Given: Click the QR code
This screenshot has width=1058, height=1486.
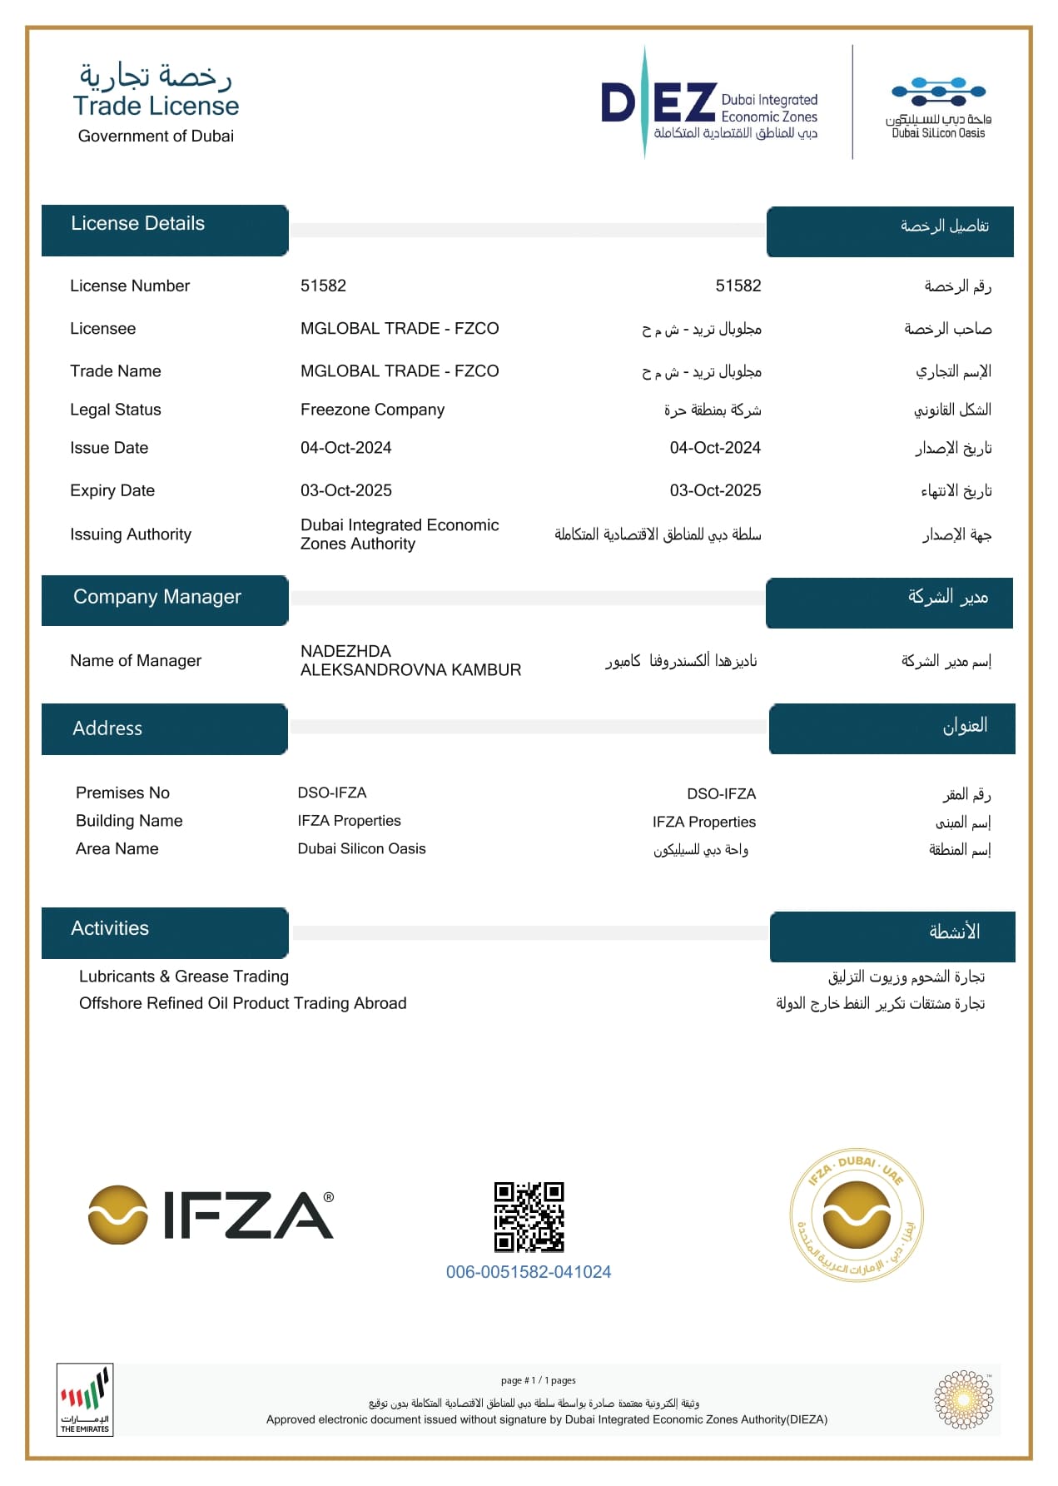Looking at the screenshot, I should click(x=529, y=1216).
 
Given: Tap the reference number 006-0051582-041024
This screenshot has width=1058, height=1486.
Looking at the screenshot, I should click(x=529, y=1272).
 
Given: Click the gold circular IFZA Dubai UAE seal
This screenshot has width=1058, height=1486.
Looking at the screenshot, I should click(x=857, y=1216).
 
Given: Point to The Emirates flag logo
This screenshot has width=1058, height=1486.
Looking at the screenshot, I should click(x=85, y=1399).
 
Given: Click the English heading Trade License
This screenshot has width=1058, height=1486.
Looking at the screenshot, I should click(x=156, y=106).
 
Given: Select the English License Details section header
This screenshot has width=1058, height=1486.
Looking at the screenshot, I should click(x=138, y=223).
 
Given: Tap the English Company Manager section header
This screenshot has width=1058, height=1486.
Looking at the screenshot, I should click(x=157, y=597).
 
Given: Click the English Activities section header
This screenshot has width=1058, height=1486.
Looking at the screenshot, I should click(x=110, y=928).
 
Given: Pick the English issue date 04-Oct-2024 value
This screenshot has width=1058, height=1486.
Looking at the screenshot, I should click(x=346, y=448).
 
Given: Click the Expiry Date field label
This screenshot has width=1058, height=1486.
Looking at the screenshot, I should click(x=112, y=490).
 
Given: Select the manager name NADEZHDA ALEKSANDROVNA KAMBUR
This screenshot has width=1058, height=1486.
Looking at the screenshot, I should click(x=410, y=660).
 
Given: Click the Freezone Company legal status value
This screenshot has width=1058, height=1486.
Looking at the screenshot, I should click(x=372, y=410).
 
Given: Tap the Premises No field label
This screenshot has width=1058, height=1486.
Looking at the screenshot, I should click(x=122, y=793).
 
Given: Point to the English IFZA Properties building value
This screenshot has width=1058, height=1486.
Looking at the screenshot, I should click(x=350, y=821).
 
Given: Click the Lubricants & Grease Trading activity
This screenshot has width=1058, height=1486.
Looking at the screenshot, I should click(x=184, y=977).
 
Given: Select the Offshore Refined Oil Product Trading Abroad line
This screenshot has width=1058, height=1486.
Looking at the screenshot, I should click(x=243, y=1003).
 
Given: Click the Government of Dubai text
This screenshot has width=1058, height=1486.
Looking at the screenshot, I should click(x=156, y=136).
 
